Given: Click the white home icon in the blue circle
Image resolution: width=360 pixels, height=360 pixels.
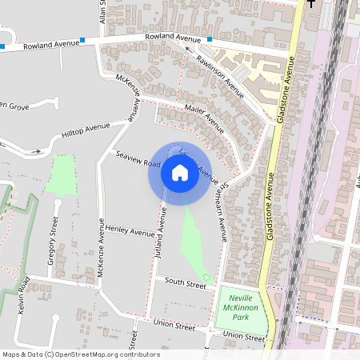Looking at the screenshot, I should pos(179,172).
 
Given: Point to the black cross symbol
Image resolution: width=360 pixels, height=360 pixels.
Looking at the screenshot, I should pos(312,4).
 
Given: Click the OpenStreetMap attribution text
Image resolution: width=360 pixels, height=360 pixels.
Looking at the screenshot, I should pos(80,354).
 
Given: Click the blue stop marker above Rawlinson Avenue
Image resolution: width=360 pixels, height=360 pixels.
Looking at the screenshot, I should pos(209,39).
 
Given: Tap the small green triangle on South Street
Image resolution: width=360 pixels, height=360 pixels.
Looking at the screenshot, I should pos(206,278).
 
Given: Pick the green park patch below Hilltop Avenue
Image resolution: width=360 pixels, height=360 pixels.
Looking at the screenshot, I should pos(61,173).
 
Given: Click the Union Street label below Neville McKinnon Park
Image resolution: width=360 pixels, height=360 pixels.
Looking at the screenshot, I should pos(243,336).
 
